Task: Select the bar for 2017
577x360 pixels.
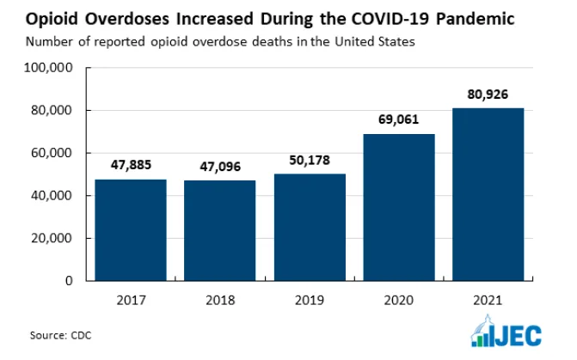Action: (x=131, y=230)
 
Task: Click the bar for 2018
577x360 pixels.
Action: (x=219, y=230)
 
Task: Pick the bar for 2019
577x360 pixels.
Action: (x=310, y=227)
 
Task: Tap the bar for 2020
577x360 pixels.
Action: (x=399, y=207)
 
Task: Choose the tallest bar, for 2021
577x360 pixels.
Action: (x=488, y=194)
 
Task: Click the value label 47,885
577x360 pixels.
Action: (x=131, y=165)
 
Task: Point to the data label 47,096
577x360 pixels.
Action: (x=220, y=167)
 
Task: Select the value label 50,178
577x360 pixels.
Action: (x=310, y=161)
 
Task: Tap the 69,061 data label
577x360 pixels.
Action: (x=398, y=119)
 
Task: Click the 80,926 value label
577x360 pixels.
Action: (x=488, y=95)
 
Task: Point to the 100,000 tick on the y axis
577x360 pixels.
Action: (x=48, y=68)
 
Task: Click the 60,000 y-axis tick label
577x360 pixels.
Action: (x=52, y=153)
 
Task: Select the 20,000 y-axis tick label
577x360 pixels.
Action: (x=52, y=238)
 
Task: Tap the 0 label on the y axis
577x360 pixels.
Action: (x=69, y=281)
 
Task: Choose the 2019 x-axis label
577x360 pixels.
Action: (x=310, y=301)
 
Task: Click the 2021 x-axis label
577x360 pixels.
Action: (x=488, y=301)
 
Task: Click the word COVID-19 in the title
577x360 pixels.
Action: (x=390, y=19)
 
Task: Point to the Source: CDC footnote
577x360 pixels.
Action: (x=61, y=335)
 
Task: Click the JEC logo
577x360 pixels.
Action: (x=506, y=331)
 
